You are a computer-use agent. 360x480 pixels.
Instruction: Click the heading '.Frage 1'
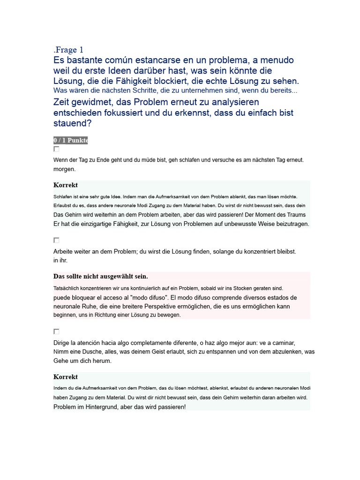tap(68, 50)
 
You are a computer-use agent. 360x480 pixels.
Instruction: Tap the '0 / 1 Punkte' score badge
tap(70, 141)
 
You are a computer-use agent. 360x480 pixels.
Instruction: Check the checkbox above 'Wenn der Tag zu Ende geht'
tap(56, 149)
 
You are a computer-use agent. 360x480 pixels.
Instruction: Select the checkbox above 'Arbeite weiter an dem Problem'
tap(56, 240)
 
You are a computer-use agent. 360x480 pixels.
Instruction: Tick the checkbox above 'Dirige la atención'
tap(56, 331)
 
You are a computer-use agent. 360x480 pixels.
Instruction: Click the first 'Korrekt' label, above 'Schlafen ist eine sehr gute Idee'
tap(66, 185)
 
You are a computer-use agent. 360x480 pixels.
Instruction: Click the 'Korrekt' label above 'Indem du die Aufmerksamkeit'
tap(66, 377)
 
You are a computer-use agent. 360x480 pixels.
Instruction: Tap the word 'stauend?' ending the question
tap(73, 123)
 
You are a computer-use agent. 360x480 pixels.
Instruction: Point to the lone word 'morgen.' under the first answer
tap(65, 169)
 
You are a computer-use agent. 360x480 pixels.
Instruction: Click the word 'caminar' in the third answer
tap(282, 343)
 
